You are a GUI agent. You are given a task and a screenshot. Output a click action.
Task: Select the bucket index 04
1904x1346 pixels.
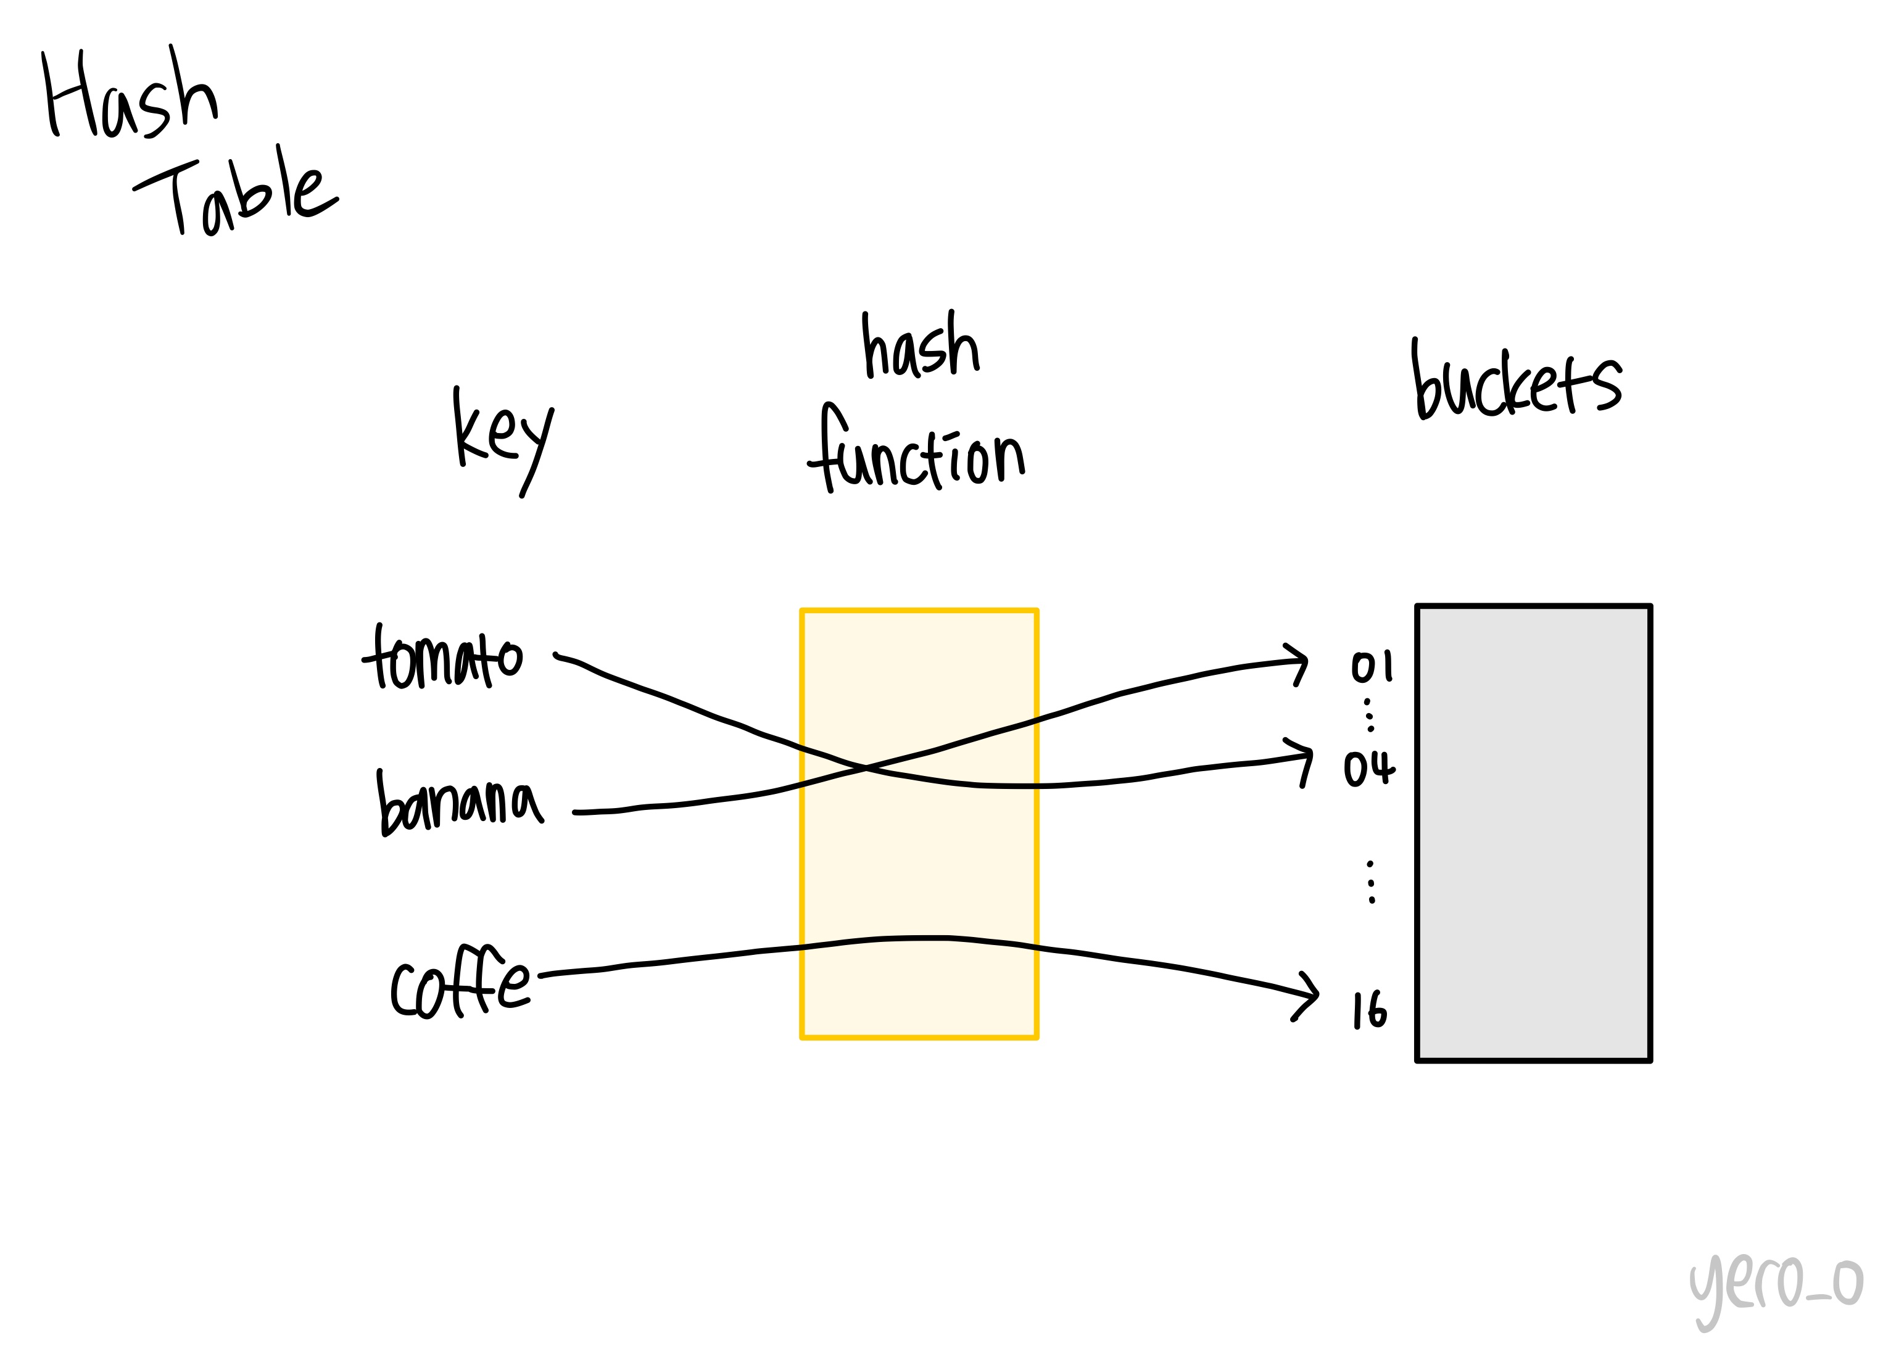1368,768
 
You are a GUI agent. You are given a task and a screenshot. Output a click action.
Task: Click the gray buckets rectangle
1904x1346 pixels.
1533,833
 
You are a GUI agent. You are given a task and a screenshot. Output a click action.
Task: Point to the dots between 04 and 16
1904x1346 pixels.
1371,882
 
